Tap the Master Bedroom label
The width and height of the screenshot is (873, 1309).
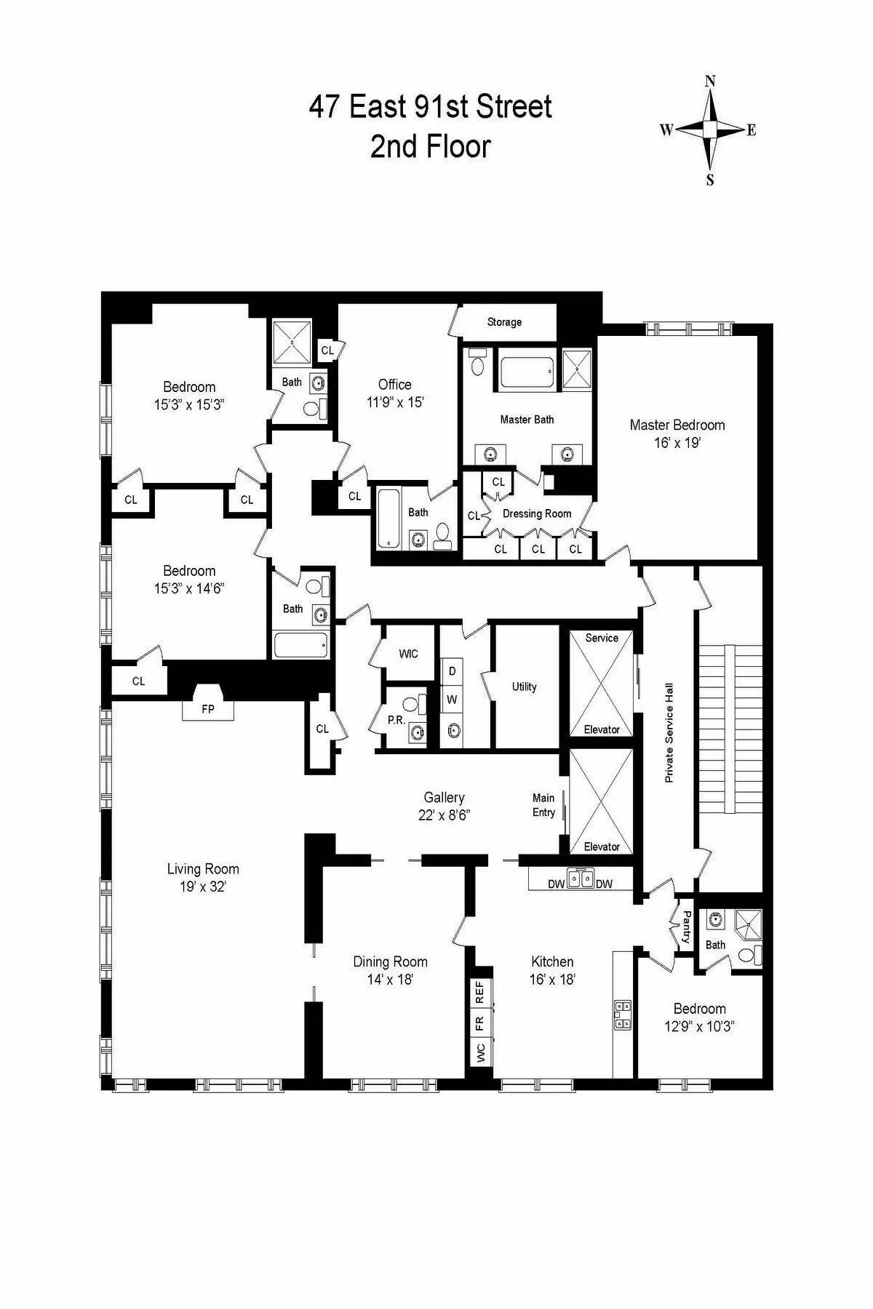coord(677,425)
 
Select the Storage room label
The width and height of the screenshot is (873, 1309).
coord(504,322)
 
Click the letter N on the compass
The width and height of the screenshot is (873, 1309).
coord(710,81)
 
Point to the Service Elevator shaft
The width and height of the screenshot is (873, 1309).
coord(601,684)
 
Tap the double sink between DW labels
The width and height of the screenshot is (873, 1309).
coord(580,880)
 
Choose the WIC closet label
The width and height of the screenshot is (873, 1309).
coord(408,654)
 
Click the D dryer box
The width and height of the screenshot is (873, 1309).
coord(452,671)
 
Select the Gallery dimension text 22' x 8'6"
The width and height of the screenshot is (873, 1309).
coord(444,815)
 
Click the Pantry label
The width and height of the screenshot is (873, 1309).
coord(686,928)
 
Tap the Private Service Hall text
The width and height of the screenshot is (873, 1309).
coord(669,732)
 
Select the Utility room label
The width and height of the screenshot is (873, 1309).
coord(524,686)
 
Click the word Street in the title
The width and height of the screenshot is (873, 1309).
coord(512,108)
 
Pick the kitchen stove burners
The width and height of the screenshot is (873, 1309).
coord(623,1016)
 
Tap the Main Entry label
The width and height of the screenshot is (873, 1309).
coord(543,805)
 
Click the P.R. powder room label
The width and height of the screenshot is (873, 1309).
coord(396,720)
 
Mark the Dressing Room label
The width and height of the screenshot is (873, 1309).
coord(537,513)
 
